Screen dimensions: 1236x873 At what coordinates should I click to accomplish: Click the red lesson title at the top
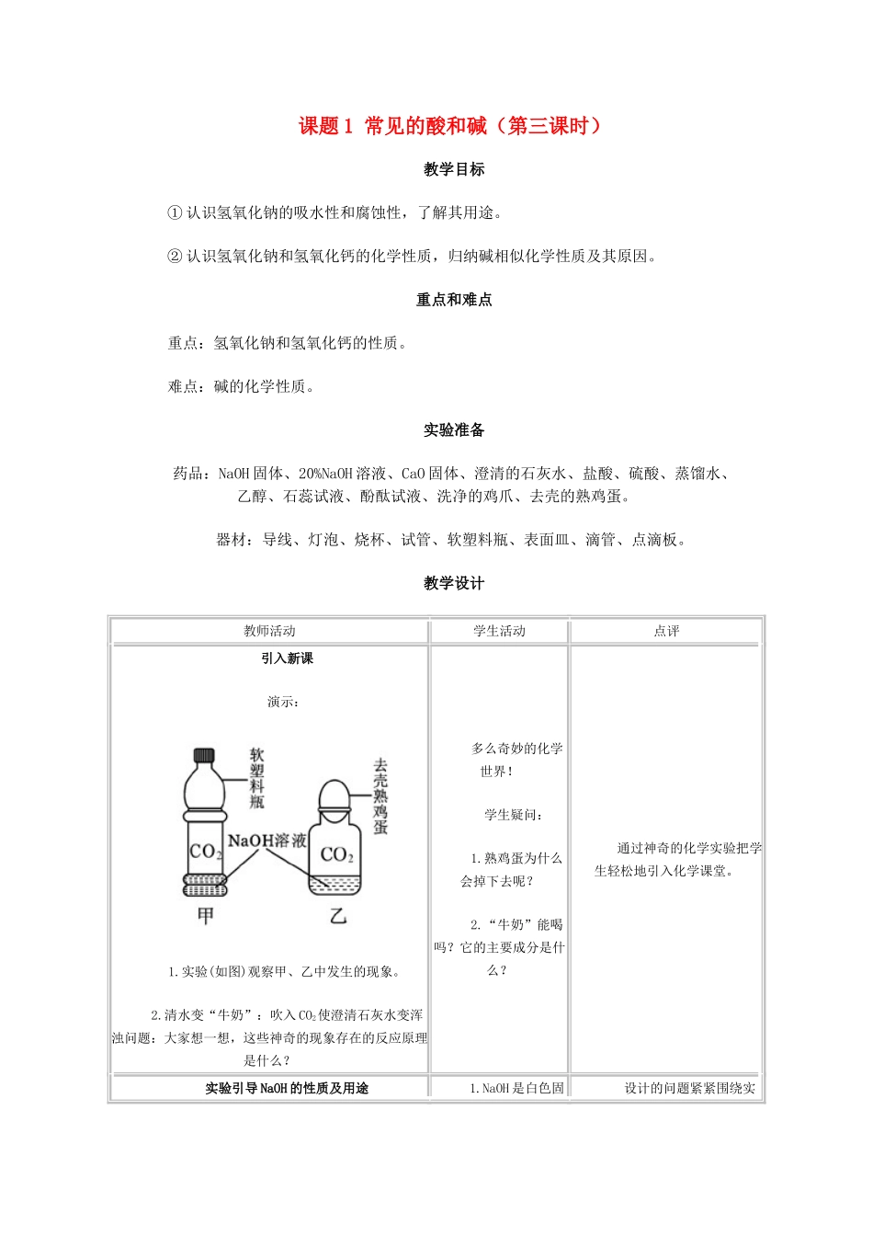pyautogui.click(x=450, y=126)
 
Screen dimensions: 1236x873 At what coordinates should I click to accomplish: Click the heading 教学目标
pyautogui.click(x=454, y=169)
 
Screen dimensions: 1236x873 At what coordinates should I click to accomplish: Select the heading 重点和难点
pyautogui.click(x=454, y=300)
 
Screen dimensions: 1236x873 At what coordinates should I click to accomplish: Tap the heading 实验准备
pyautogui.click(x=454, y=430)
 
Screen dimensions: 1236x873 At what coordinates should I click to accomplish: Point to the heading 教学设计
pyautogui.click(x=454, y=583)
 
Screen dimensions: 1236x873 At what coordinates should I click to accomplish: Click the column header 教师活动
pyautogui.click(x=269, y=631)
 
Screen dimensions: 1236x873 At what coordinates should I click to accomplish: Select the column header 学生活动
pyautogui.click(x=499, y=631)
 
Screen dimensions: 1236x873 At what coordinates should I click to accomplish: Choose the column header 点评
pyautogui.click(x=666, y=631)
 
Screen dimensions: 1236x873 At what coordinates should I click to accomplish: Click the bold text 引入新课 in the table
pyautogui.click(x=287, y=658)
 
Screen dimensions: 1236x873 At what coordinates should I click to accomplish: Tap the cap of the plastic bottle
pyautogui.click(x=203, y=756)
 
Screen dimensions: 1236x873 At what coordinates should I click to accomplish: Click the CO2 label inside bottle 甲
pyautogui.click(x=205, y=852)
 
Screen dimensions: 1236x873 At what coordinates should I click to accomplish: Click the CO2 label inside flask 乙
pyautogui.click(x=336, y=854)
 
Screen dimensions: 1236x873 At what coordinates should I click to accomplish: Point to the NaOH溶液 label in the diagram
pyautogui.click(x=266, y=841)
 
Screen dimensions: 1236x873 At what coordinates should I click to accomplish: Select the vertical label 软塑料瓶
pyautogui.click(x=257, y=778)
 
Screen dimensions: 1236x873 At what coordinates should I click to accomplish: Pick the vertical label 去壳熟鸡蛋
pyautogui.click(x=380, y=796)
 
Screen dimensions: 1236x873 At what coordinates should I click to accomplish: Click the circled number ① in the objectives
pyautogui.click(x=175, y=212)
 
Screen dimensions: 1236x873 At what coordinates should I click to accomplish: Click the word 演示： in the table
pyautogui.click(x=283, y=702)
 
